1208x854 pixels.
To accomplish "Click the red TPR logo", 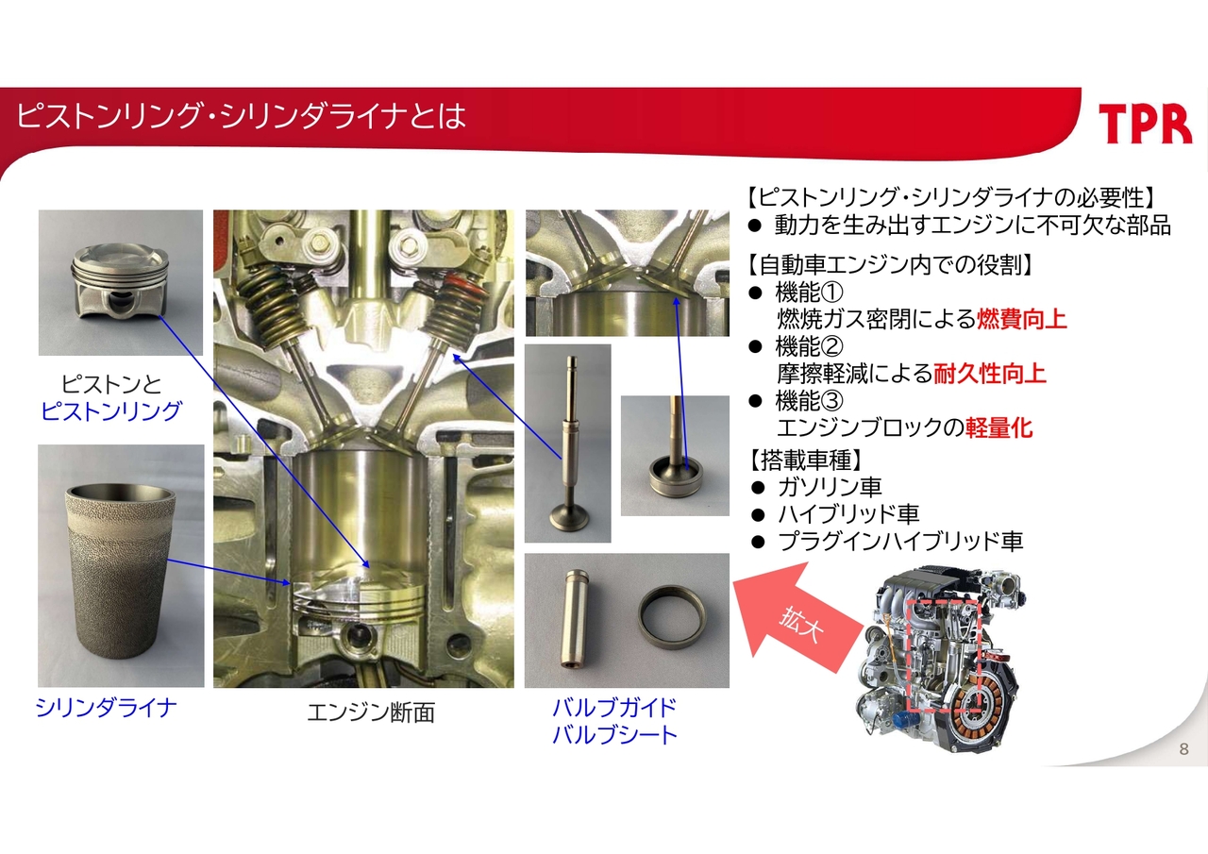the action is pos(1145,124).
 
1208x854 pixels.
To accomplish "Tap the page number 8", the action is pos(1183,749).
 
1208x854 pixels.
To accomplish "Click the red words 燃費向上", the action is pos(1021,319).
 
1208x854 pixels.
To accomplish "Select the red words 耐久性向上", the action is pos(989,373).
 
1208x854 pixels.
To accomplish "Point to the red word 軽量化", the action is pos(998,427).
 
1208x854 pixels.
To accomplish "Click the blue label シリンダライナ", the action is pos(107,708).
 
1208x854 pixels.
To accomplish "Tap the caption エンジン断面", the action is pos(371,712).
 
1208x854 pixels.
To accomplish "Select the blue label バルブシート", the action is pos(614,735).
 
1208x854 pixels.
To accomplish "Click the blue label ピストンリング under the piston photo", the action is pos(110,410).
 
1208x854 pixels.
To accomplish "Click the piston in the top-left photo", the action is pos(120,280).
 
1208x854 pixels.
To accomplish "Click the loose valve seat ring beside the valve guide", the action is pos(671,617).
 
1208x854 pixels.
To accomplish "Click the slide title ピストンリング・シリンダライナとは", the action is pos(241,116).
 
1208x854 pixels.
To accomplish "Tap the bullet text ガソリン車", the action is pos(830,487).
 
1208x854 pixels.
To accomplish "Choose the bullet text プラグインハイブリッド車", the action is pos(900,541).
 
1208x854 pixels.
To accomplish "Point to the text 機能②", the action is pos(809,346).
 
